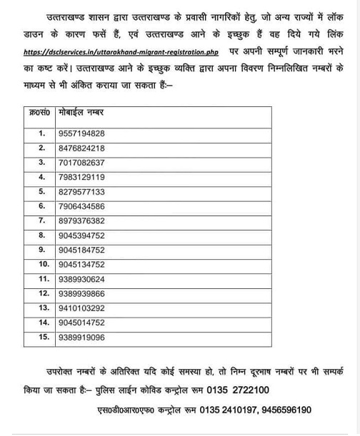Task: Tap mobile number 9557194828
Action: click(x=81, y=133)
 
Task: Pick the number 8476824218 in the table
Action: click(x=81, y=148)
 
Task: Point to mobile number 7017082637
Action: click(x=81, y=162)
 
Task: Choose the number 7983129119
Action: click(x=81, y=177)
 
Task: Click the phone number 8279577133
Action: click(x=81, y=192)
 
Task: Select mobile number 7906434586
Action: click(x=81, y=206)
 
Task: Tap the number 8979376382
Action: click(x=81, y=221)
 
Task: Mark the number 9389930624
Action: click(x=81, y=279)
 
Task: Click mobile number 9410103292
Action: click(x=81, y=308)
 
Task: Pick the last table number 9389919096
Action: click(x=81, y=338)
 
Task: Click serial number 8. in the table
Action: click(x=42, y=235)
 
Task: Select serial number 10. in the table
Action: click(x=44, y=264)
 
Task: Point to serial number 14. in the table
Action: click(x=44, y=323)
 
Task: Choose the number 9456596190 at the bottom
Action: click(x=285, y=410)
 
